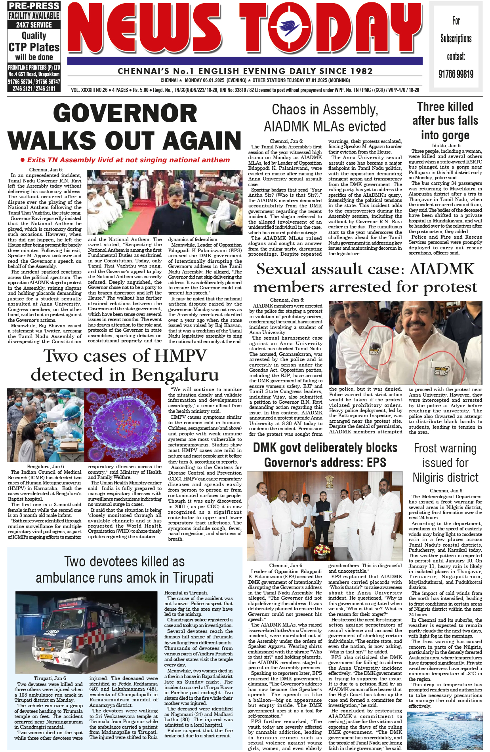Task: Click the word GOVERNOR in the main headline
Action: point(125,113)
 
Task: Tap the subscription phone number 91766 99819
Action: point(456,74)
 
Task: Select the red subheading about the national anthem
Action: point(125,160)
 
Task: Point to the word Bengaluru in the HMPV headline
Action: point(175,374)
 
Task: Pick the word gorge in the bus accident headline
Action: point(445,135)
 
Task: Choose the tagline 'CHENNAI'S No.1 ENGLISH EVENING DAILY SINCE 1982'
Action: point(245,71)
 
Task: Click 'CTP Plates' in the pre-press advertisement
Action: point(34,47)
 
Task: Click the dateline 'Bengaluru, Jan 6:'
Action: point(46,467)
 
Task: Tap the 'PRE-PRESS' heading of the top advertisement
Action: point(34,6)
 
